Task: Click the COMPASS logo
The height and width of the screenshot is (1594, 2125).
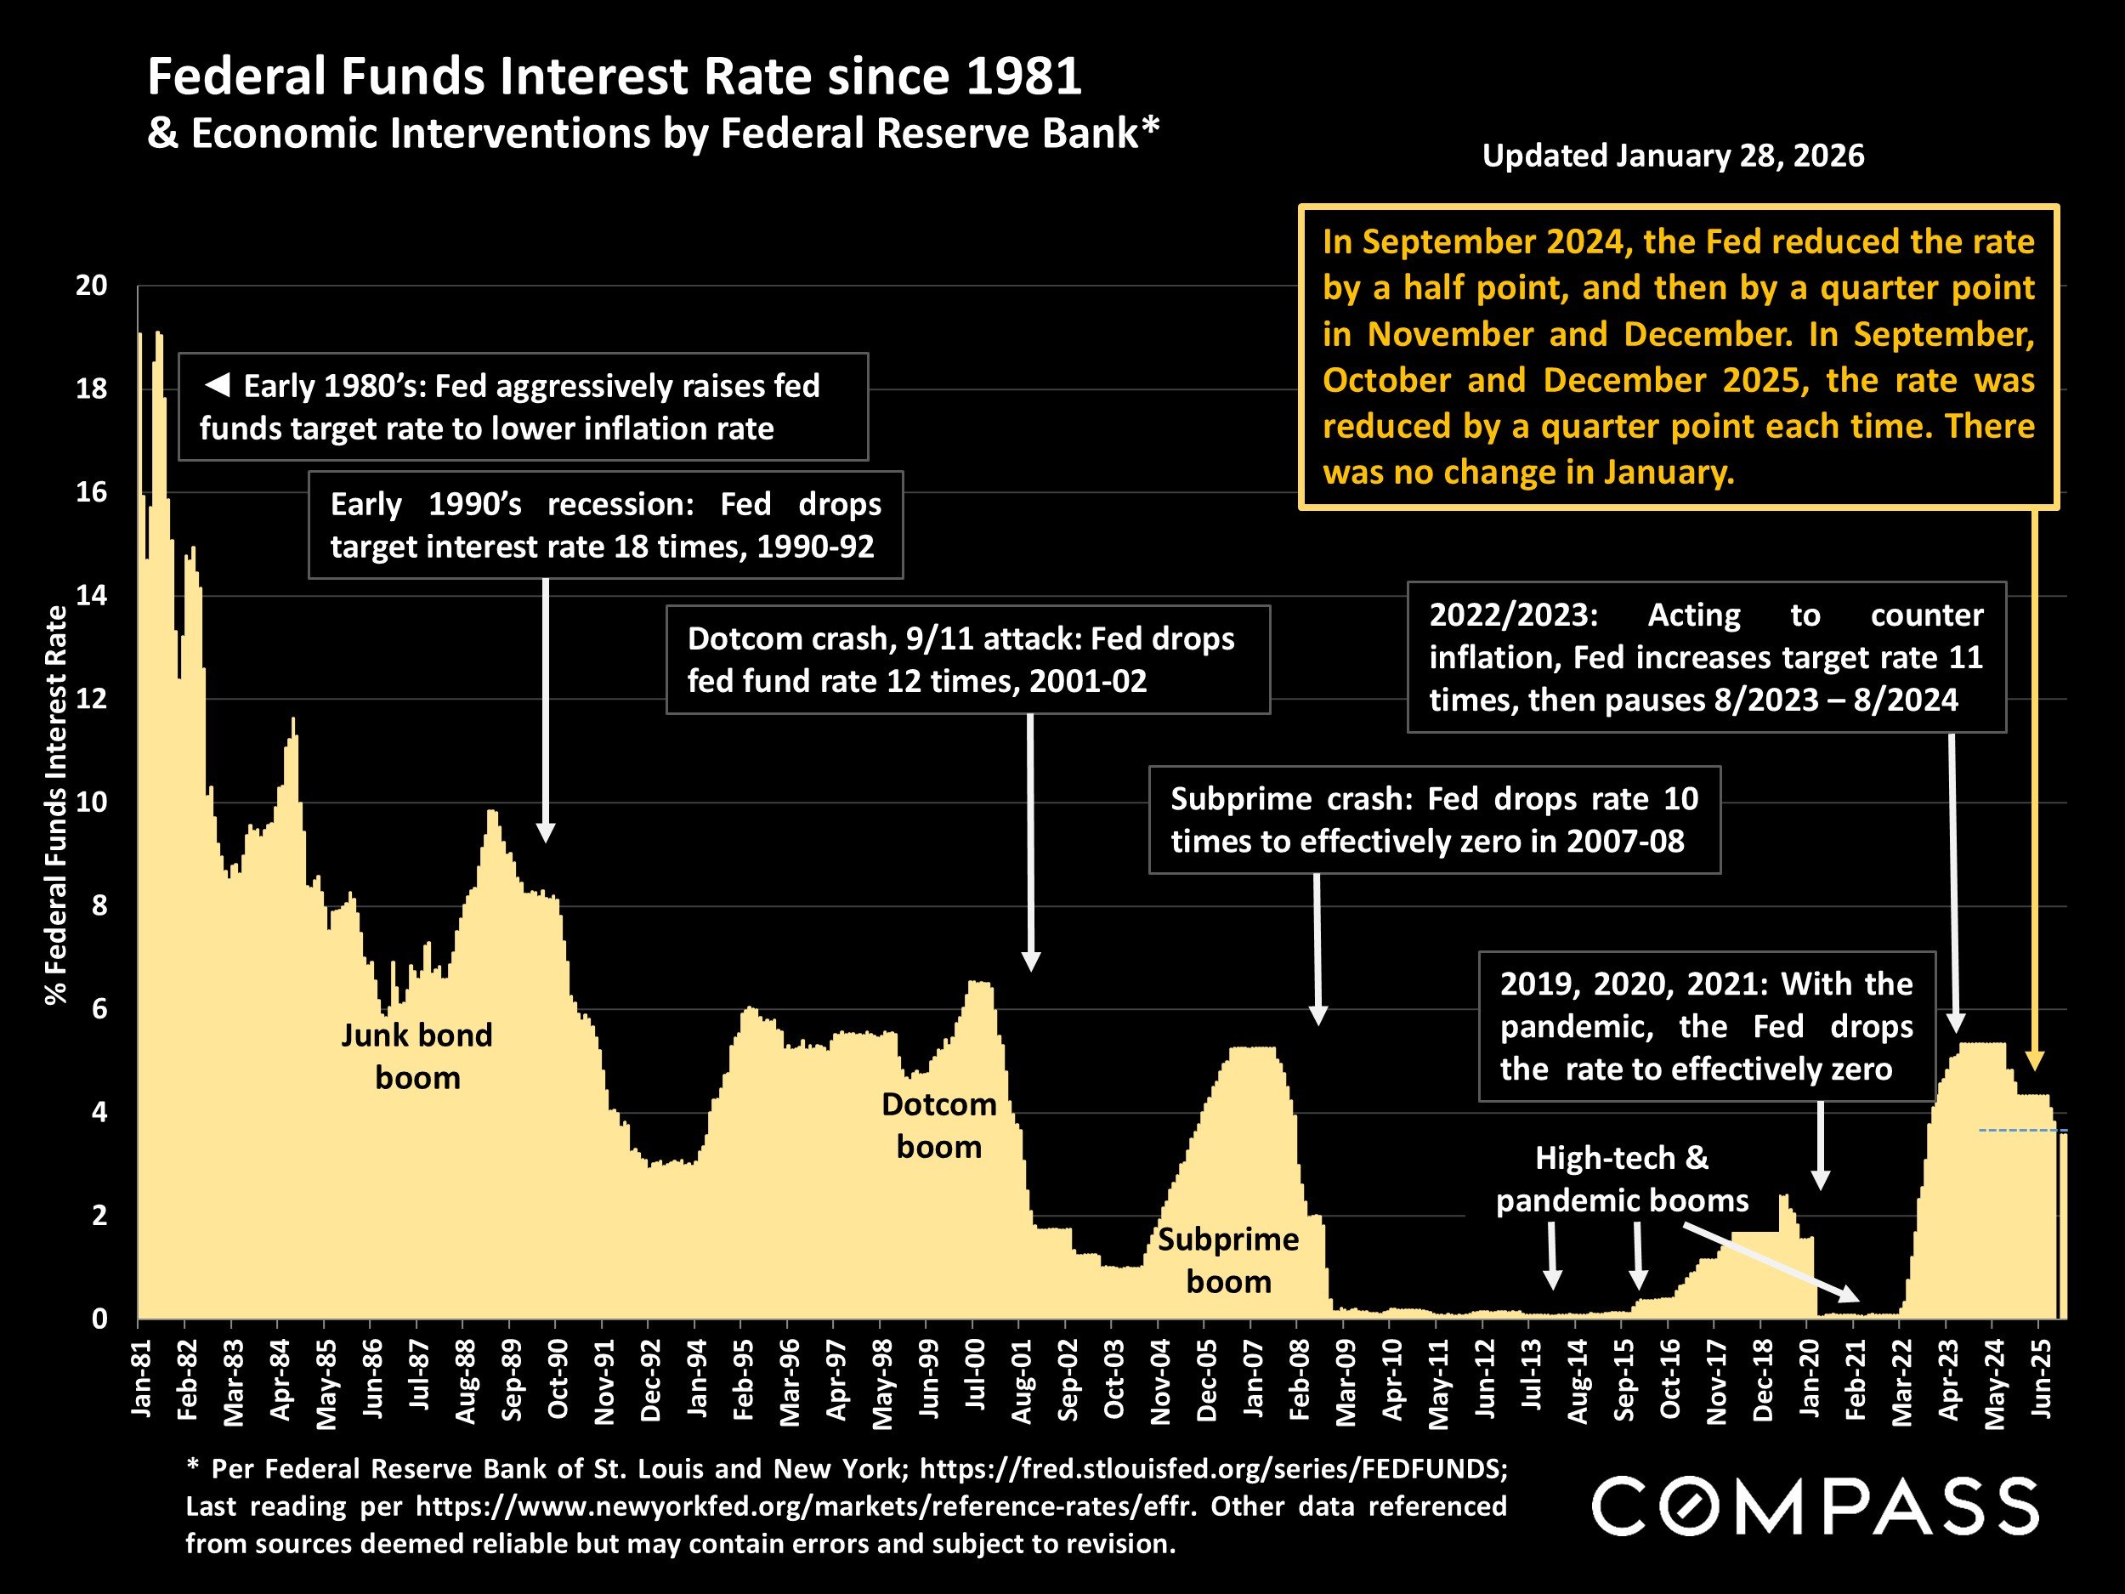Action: pyautogui.click(x=1815, y=1506)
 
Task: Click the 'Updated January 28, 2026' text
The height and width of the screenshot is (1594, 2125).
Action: pyautogui.click(x=1673, y=156)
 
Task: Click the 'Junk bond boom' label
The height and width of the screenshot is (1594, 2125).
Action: pyautogui.click(x=417, y=1056)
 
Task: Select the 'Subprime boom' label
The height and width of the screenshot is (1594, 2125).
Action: pyautogui.click(x=1227, y=1261)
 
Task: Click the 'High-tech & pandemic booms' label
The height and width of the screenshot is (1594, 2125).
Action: pyautogui.click(x=1622, y=1179)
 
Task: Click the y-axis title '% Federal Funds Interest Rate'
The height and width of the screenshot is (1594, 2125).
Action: pyautogui.click(x=56, y=805)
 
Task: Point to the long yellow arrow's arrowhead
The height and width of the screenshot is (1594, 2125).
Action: pyautogui.click(x=2035, y=1062)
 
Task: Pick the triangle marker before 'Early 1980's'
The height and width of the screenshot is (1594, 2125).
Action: pyautogui.click(x=217, y=386)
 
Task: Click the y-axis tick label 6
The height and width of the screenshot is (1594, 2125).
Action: pyautogui.click(x=99, y=1010)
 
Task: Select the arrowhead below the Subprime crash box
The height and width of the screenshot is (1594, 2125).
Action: pyautogui.click(x=1318, y=1016)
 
